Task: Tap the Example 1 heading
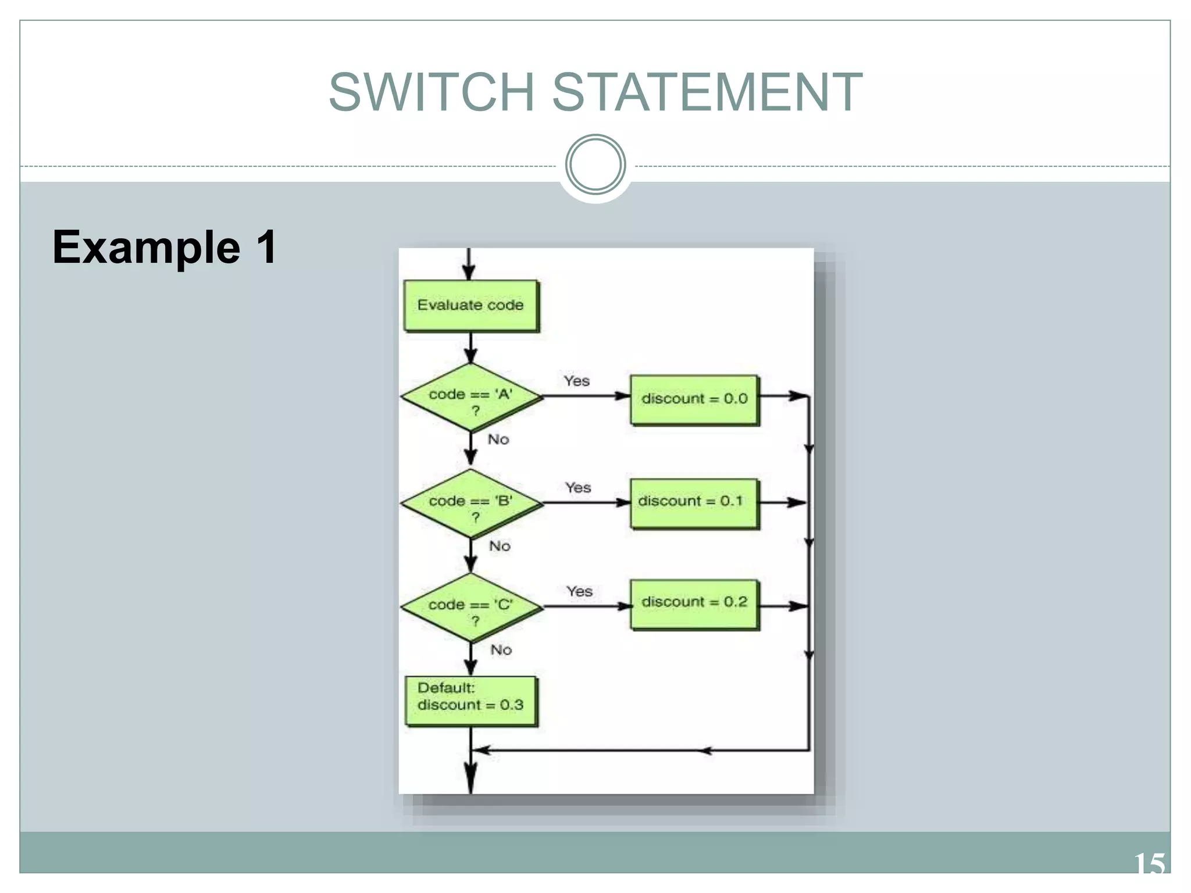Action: pos(165,247)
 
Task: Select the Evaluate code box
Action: pos(471,306)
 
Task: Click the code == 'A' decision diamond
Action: pos(471,398)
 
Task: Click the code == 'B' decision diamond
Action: pos(471,503)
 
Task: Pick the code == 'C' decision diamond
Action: pos(471,608)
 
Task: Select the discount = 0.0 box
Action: pos(694,399)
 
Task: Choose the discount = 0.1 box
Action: pos(694,503)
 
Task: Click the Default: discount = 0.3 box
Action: pos(471,700)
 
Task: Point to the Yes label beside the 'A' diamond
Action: pos(576,381)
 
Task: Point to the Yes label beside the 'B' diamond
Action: pos(578,487)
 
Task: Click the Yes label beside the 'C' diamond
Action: pos(579,591)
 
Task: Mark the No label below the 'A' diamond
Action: pos(498,440)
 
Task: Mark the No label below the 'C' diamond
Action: pos(501,650)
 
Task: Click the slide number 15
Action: pos(1149,864)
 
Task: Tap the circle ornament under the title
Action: pos(595,165)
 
